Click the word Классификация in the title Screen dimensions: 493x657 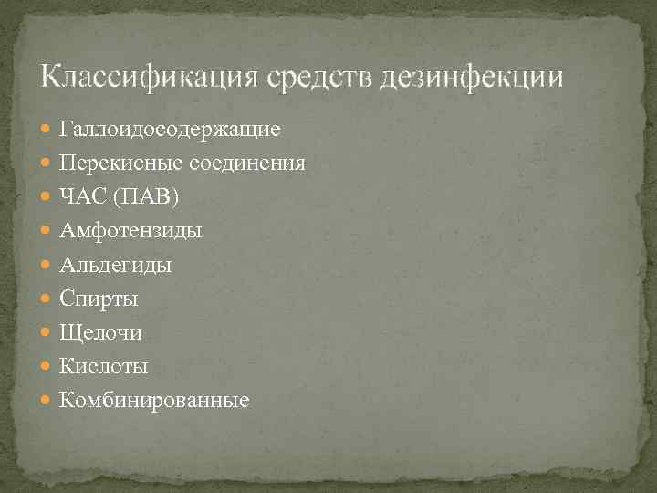151,75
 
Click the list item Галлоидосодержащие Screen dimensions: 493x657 170,129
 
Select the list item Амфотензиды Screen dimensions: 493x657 130,231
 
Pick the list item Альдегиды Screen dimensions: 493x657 115,265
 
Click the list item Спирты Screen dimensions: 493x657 99,299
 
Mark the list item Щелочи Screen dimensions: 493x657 100,332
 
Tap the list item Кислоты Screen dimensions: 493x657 103,366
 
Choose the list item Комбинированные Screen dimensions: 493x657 153,400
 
